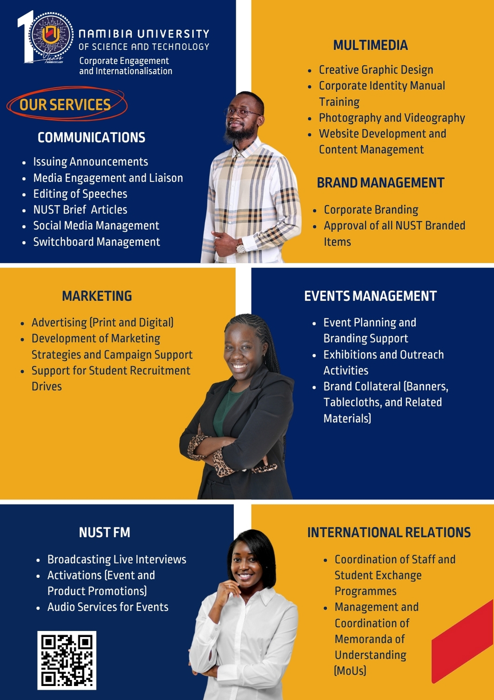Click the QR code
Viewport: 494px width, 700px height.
pyautogui.click(x=67, y=660)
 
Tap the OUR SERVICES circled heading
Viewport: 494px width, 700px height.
pyautogui.click(x=66, y=105)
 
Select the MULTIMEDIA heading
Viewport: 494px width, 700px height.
pyautogui.click(x=370, y=45)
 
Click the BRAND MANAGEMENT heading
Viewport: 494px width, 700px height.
pyautogui.click(x=380, y=182)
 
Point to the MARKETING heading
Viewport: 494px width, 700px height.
pyautogui.click(x=97, y=296)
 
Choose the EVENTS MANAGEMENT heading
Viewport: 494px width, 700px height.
pyautogui.click(x=370, y=296)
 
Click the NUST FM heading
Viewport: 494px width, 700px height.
pyautogui.click(x=104, y=532)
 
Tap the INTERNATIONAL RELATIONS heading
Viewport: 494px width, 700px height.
pyautogui.click(x=389, y=532)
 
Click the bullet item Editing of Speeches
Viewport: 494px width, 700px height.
pyautogui.click(x=80, y=194)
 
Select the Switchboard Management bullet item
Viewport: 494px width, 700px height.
pyautogui.click(x=96, y=242)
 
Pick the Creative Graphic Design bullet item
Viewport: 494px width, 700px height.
pyautogui.click(x=376, y=70)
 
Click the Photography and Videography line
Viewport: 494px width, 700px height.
pyautogui.click(x=392, y=118)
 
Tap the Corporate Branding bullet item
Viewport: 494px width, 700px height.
pyautogui.click(x=371, y=210)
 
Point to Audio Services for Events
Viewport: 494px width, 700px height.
pyautogui.click(x=108, y=607)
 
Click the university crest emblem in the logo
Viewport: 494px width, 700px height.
pyautogui.click(x=51, y=35)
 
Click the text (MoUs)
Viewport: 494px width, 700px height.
pyautogui.click(x=350, y=671)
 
